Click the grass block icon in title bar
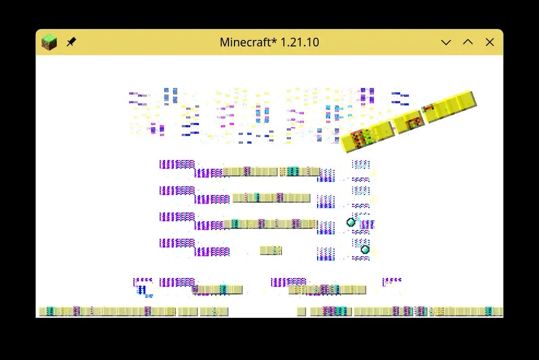click(x=49, y=42)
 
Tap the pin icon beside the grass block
click(x=71, y=42)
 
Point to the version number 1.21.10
click(x=300, y=42)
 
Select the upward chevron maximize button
click(x=468, y=42)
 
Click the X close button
click(x=490, y=42)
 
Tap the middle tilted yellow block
click(x=409, y=122)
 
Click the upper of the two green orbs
click(x=351, y=222)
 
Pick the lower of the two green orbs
click(x=365, y=250)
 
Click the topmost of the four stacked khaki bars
click(x=271, y=172)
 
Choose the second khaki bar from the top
click(x=271, y=198)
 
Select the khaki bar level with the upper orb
click(x=271, y=224)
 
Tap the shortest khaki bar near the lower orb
click(x=271, y=250)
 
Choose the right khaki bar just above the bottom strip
click(x=327, y=290)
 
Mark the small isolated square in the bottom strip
click(x=301, y=311)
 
